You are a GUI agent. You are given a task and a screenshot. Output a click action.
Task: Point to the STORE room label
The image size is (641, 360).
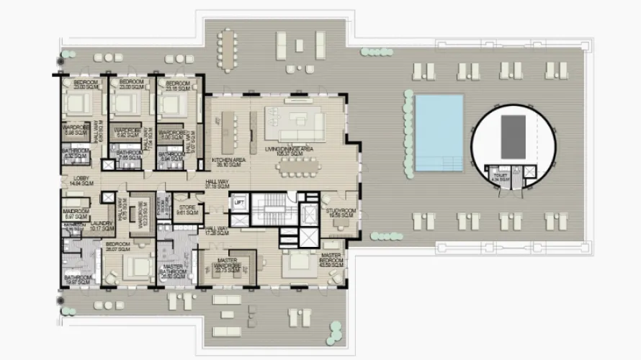[187, 210]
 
